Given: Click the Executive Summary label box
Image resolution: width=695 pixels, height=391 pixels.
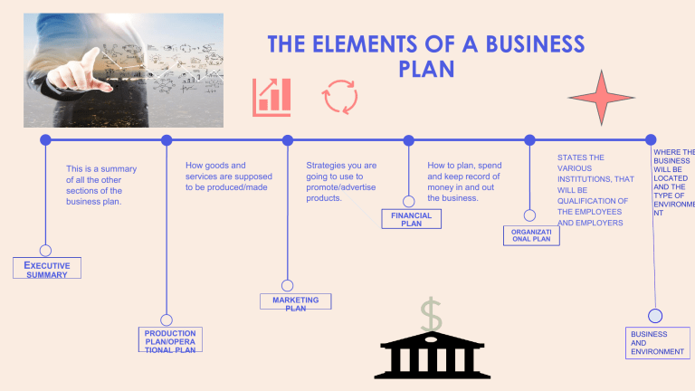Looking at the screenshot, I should tap(47, 268).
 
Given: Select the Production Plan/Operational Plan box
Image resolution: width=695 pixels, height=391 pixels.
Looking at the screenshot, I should tap(169, 340).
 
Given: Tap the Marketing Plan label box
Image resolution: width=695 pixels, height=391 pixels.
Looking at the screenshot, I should tap(295, 302).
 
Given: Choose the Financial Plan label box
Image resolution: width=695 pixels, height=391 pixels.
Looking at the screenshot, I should tap(411, 219).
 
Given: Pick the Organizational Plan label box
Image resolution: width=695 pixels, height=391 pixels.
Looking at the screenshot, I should tap(531, 235).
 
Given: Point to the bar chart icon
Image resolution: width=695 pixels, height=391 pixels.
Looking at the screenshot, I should tap(271, 96).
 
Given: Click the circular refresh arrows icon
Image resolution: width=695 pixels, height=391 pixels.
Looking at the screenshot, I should tap(340, 97).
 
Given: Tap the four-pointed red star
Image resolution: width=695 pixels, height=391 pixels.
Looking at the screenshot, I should tap(601, 98).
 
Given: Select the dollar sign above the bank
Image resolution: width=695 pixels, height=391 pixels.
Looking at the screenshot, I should tap(432, 315).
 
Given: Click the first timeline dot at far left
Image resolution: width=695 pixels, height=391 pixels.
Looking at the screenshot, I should tap(45, 140).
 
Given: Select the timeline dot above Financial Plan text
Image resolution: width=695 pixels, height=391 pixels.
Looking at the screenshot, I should tap(408, 140).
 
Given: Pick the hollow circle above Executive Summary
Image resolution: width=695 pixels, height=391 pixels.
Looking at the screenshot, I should tap(45, 250).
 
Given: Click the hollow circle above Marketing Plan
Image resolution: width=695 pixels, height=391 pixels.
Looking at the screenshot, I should tap(287, 286).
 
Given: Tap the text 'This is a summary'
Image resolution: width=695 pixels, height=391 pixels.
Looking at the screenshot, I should tap(101, 168).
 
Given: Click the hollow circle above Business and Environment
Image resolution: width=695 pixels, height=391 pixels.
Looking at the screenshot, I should tap(655, 315).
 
